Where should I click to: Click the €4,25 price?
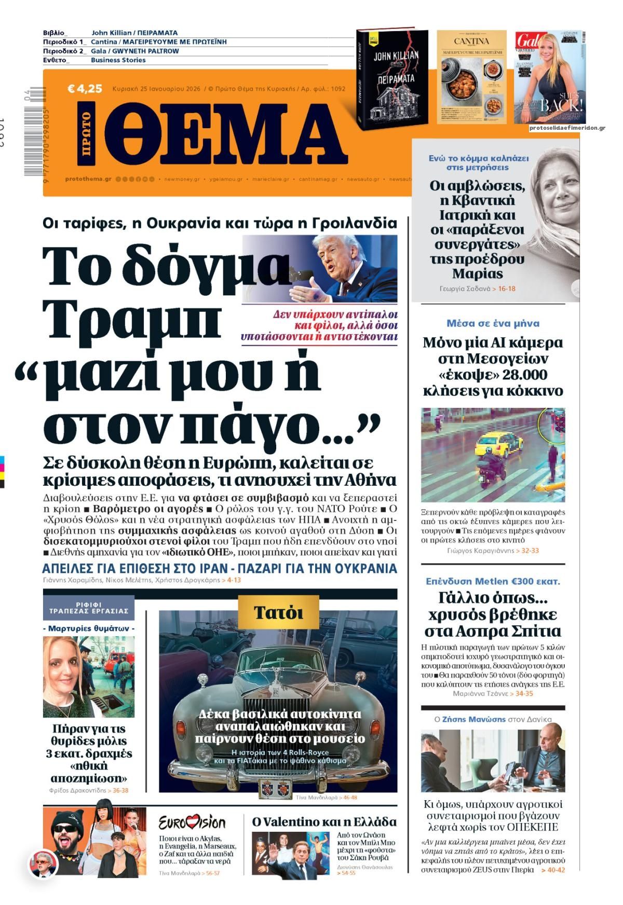[x=85, y=89]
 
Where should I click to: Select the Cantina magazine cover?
[x=471, y=77]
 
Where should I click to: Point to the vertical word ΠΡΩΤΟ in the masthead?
[x=86, y=134]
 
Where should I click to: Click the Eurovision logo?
[x=192, y=822]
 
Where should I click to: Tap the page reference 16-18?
[x=506, y=289]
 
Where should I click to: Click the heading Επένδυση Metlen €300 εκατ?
[x=493, y=581]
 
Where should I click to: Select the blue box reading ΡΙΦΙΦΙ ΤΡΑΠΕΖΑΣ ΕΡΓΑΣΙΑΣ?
[x=89, y=608]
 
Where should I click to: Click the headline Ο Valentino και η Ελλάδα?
[x=324, y=822]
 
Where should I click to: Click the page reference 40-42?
[x=552, y=870]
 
